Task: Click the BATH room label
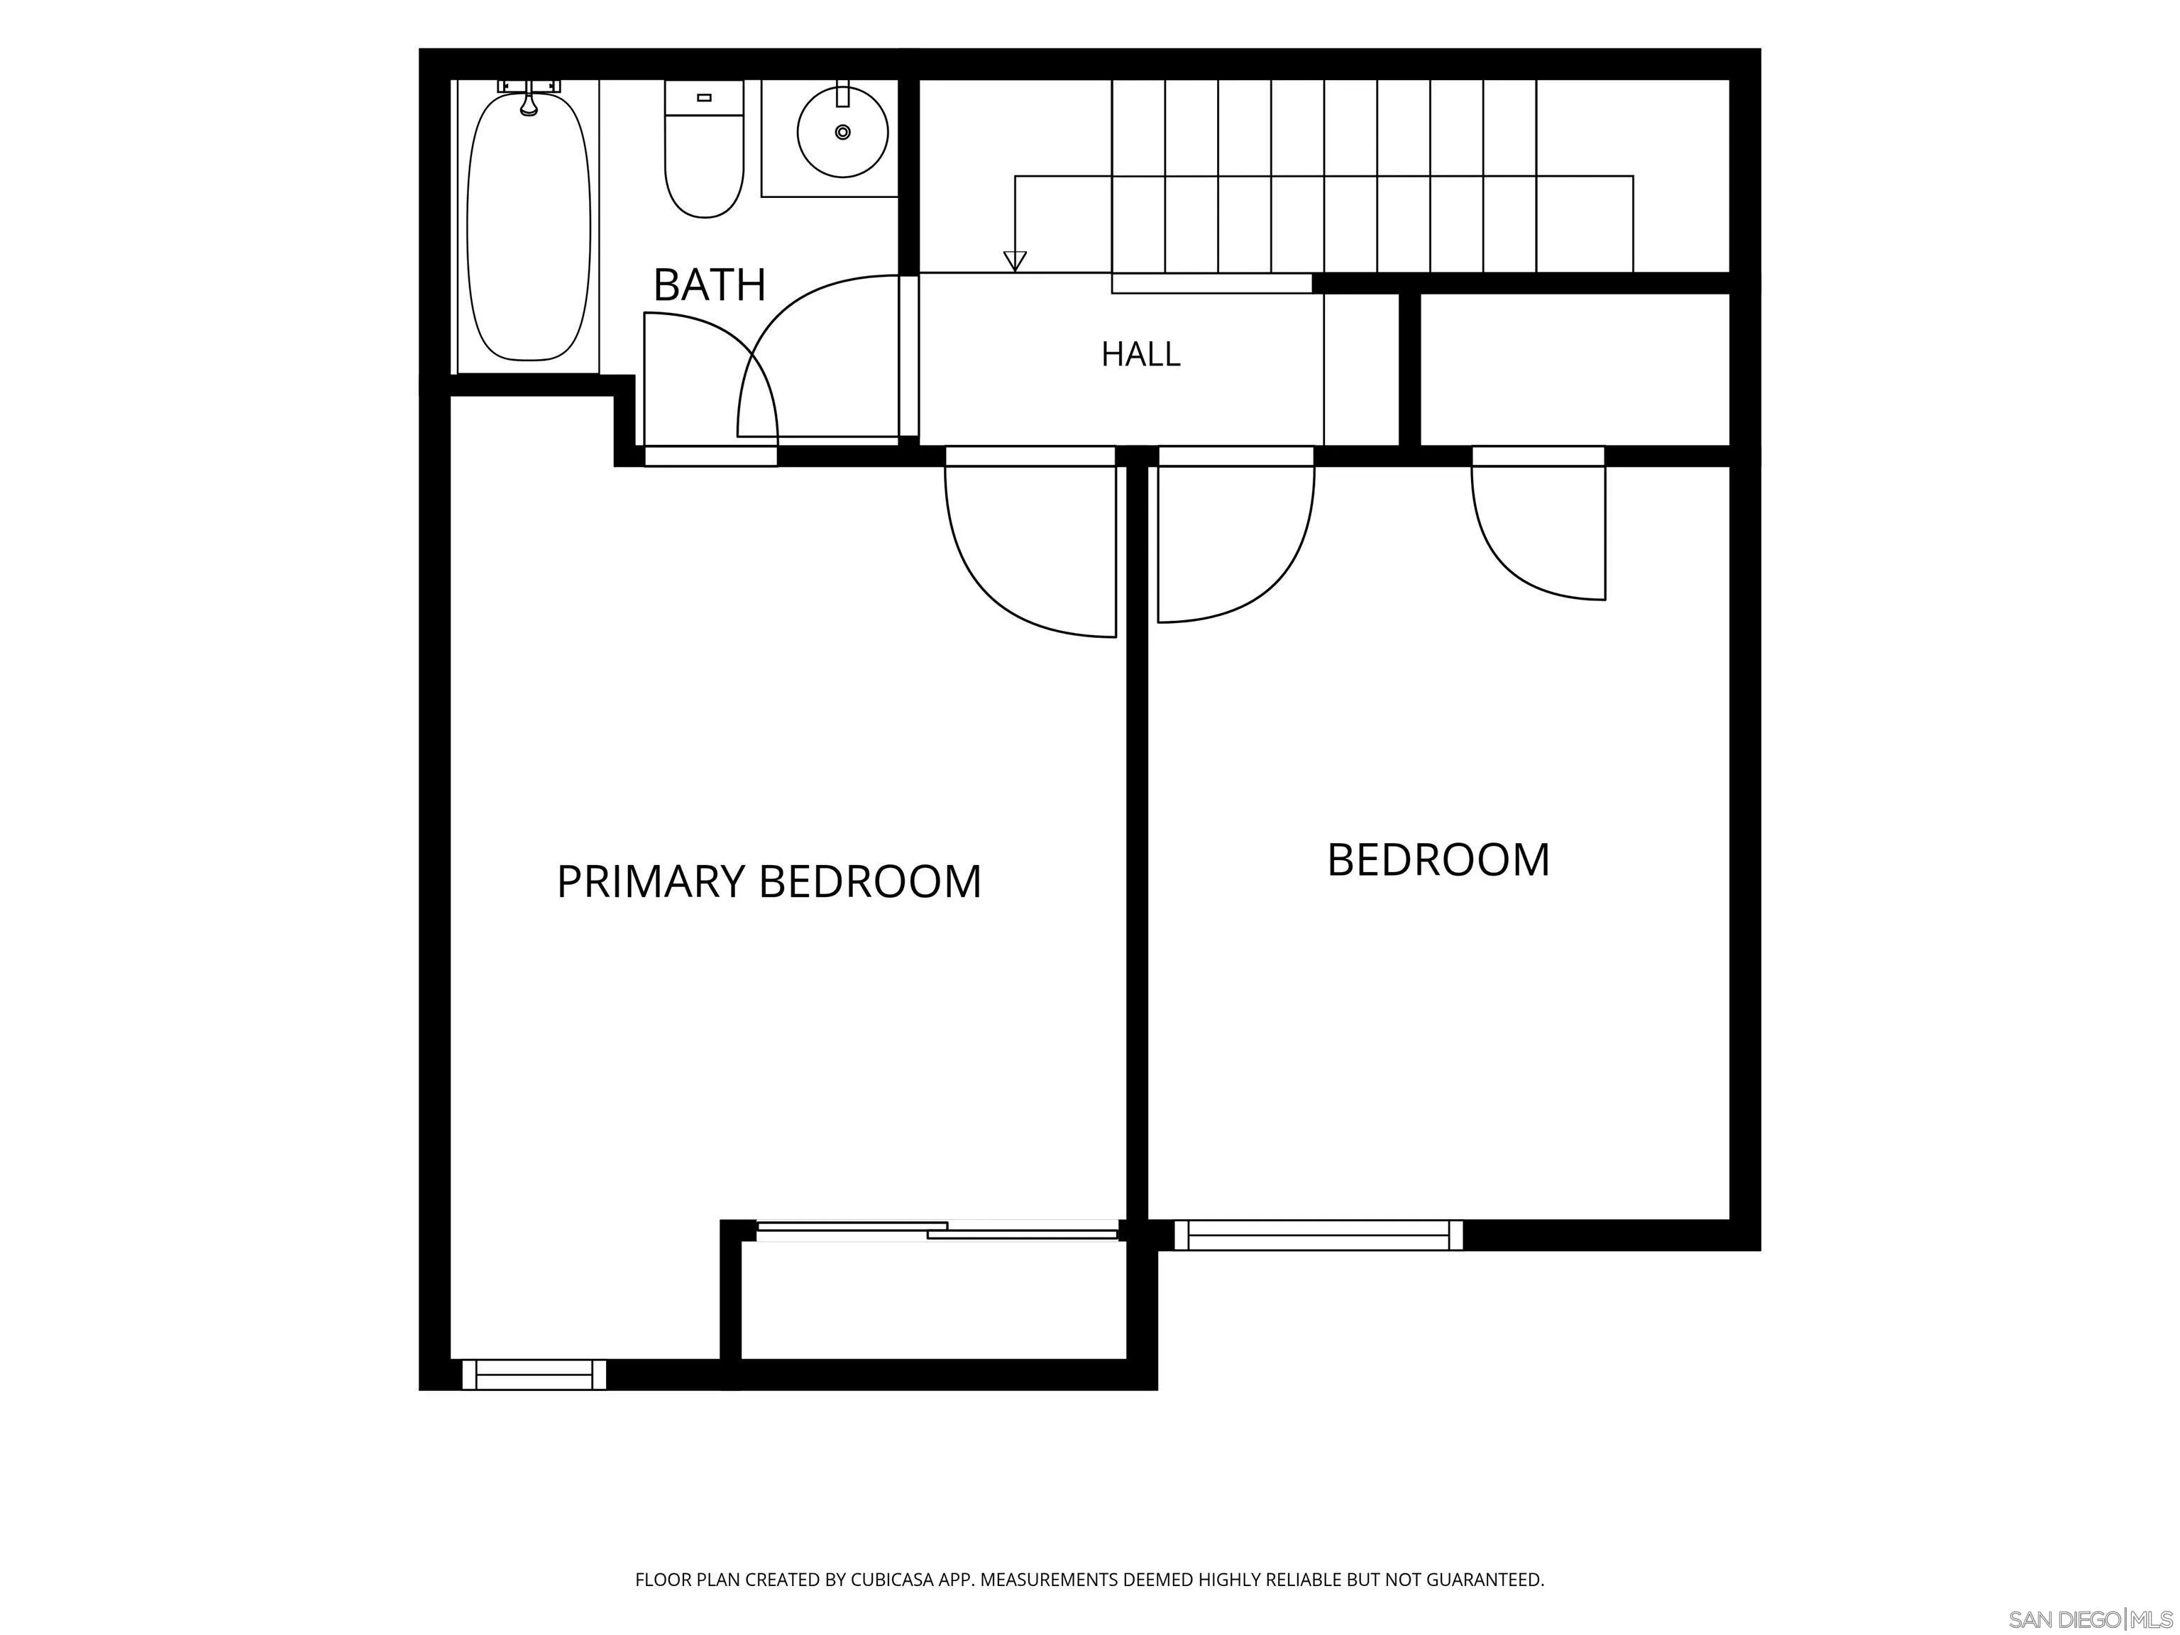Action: click(x=710, y=285)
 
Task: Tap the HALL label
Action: click(x=1140, y=354)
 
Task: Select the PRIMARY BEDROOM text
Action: click(x=769, y=881)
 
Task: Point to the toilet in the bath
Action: click(x=704, y=150)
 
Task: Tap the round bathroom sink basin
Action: click(x=842, y=132)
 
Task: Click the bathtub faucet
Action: click(x=529, y=99)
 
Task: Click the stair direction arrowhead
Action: click(x=1015, y=261)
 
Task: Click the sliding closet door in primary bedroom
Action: click(x=936, y=1230)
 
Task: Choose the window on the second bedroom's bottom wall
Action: click(x=1319, y=1235)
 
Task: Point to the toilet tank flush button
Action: click(x=704, y=97)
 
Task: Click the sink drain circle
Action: click(x=842, y=132)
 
